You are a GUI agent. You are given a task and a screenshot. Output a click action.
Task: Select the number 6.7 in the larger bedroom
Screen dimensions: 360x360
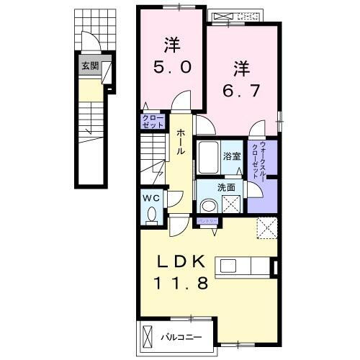click(x=240, y=91)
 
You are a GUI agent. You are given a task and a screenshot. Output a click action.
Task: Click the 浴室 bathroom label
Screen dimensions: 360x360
click(x=231, y=157)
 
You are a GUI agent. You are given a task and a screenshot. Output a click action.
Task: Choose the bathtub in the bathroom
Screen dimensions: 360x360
click(x=210, y=156)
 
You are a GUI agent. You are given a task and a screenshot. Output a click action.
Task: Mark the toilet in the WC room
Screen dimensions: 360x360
click(x=151, y=213)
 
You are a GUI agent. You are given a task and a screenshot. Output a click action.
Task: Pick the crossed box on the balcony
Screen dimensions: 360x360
click(x=147, y=336)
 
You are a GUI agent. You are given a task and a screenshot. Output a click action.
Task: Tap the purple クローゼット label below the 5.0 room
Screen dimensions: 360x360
click(x=152, y=122)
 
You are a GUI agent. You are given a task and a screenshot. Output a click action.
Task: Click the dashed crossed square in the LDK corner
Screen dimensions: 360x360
click(x=268, y=230)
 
